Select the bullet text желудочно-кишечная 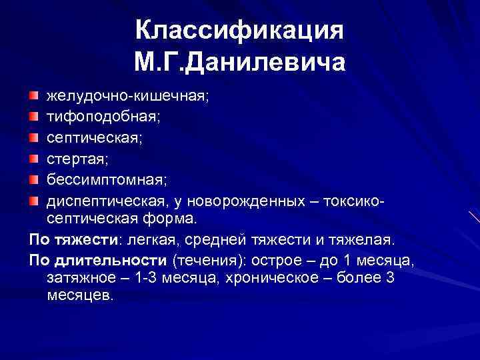(x=127, y=96)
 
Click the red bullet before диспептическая (x=33, y=200)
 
